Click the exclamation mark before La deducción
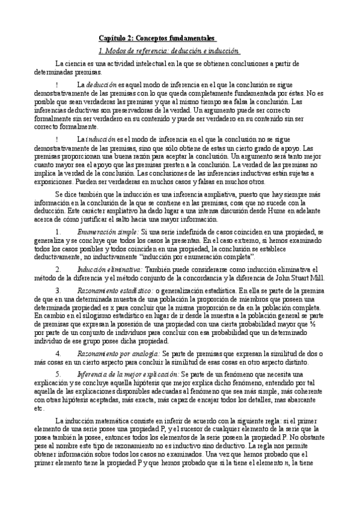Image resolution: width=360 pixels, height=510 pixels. (x=56, y=85)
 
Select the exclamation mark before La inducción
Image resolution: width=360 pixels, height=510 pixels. (x=56, y=140)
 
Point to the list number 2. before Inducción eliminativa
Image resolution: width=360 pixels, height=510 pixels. (x=57, y=253)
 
